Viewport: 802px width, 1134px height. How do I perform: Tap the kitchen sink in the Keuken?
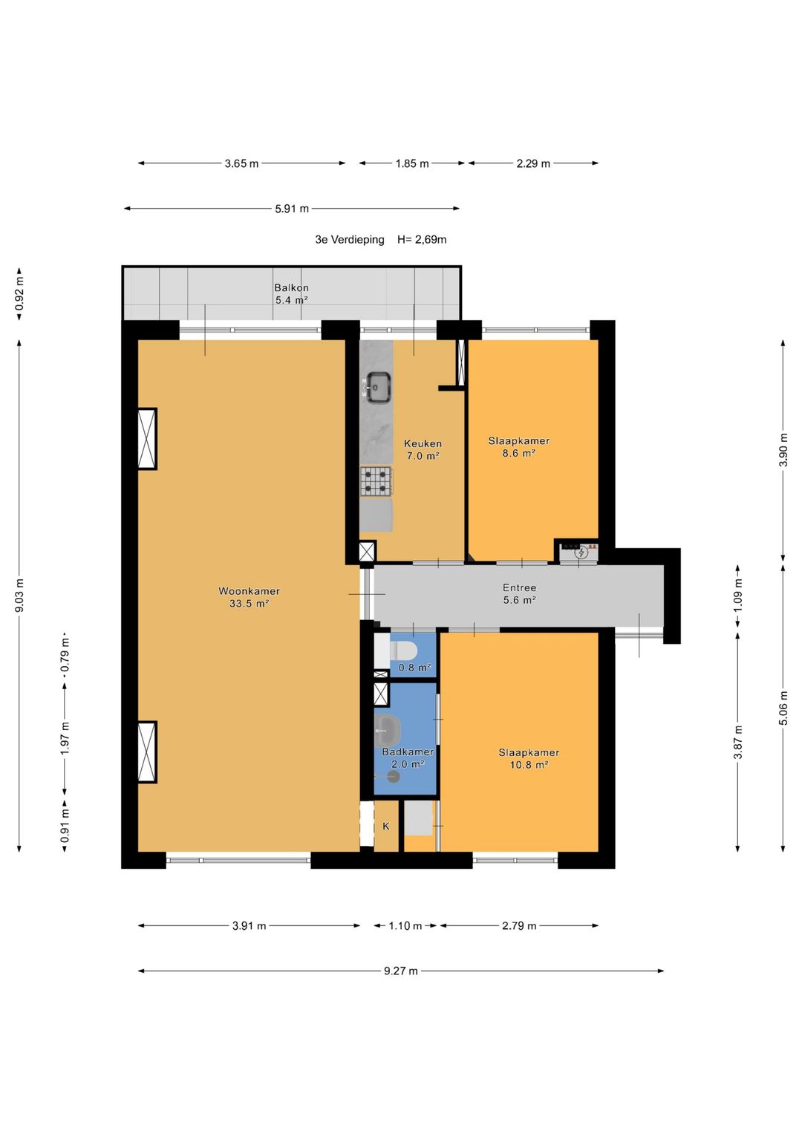pos(377,387)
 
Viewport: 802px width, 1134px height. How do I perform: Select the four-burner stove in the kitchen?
pos(376,481)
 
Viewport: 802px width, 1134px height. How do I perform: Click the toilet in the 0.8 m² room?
pos(402,651)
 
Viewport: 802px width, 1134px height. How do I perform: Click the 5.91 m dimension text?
pos(292,209)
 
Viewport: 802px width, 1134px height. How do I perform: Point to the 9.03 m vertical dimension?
pos(19,595)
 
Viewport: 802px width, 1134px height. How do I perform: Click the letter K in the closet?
pos(386,826)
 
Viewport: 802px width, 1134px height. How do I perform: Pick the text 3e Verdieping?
pos(349,239)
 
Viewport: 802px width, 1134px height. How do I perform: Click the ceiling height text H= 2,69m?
pos(422,239)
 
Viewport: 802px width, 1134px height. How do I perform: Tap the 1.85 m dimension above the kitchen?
pos(412,163)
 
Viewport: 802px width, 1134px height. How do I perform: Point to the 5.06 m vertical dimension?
pos(783,708)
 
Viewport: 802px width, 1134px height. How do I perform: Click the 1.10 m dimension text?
pos(405,926)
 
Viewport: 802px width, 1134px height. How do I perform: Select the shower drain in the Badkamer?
pos(394,776)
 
